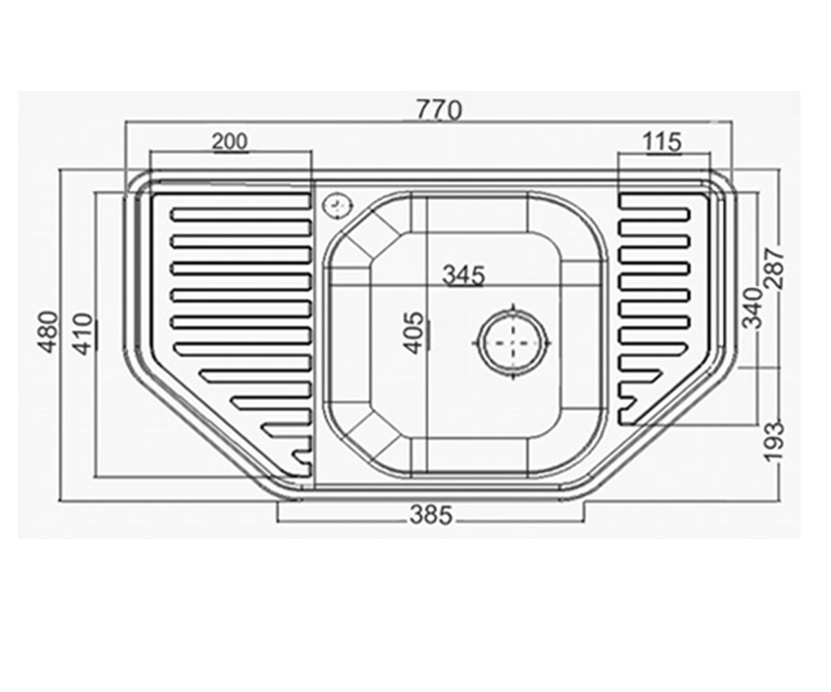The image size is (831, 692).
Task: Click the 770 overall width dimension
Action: tap(439, 110)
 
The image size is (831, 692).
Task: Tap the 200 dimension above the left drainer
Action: tap(230, 142)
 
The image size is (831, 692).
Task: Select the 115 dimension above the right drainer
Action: tap(663, 142)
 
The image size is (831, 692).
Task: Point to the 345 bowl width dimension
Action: tap(464, 275)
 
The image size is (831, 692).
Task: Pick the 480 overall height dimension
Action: tap(50, 334)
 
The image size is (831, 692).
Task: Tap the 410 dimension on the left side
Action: tap(84, 334)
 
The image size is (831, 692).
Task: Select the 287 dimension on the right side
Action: tap(775, 268)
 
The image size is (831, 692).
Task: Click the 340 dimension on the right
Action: tap(752, 309)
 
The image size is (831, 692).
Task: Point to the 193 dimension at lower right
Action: tap(775, 442)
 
